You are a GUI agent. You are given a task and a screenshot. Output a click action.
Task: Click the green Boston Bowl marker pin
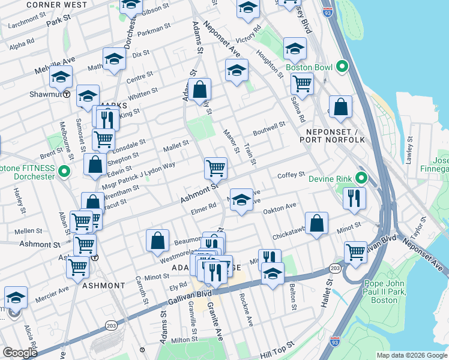(x=343, y=67)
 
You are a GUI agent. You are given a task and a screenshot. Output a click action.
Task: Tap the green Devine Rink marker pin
(x=361, y=178)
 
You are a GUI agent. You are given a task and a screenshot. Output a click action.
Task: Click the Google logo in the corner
(x=20, y=353)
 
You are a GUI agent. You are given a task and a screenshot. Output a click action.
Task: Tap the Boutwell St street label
(x=269, y=128)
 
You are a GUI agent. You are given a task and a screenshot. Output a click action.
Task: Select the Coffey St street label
(x=292, y=175)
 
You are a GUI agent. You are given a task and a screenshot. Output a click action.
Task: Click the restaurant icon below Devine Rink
(x=355, y=197)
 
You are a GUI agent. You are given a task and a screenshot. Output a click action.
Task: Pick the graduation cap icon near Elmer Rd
(x=241, y=200)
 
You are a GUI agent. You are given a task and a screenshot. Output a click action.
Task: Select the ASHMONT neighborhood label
(x=103, y=286)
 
